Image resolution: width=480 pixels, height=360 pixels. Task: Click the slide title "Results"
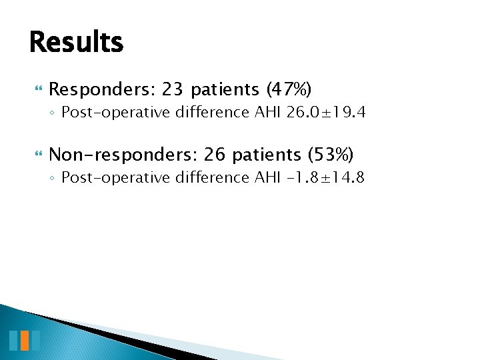[76, 42]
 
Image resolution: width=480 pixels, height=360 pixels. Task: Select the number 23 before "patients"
[171, 89]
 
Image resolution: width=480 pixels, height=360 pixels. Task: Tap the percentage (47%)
[289, 89]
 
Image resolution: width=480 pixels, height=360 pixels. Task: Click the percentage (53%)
[331, 155]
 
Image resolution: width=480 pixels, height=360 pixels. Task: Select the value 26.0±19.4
[326, 112]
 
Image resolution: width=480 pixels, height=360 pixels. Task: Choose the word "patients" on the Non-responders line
[269, 155]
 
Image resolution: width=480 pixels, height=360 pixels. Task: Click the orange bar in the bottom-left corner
[25, 340]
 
